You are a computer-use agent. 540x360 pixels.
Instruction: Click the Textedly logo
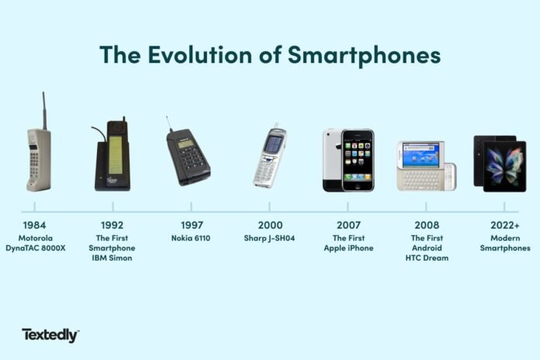pyautogui.click(x=50, y=335)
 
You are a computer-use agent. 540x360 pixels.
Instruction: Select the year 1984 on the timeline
pyautogui.click(x=35, y=227)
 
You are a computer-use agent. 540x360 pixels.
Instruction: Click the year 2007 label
pyautogui.click(x=348, y=227)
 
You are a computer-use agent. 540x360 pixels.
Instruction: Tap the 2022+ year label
pyautogui.click(x=504, y=227)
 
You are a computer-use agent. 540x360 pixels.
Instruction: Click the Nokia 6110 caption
pyautogui.click(x=191, y=238)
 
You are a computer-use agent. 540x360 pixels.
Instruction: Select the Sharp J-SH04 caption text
pyautogui.click(x=269, y=238)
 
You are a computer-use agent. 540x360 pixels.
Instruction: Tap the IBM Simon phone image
pyautogui.click(x=110, y=157)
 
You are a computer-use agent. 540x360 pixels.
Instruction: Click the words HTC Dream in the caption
pyautogui.click(x=426, y=258)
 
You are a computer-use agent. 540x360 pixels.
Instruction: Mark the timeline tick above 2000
pyautogui.click(x=269, y=208)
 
